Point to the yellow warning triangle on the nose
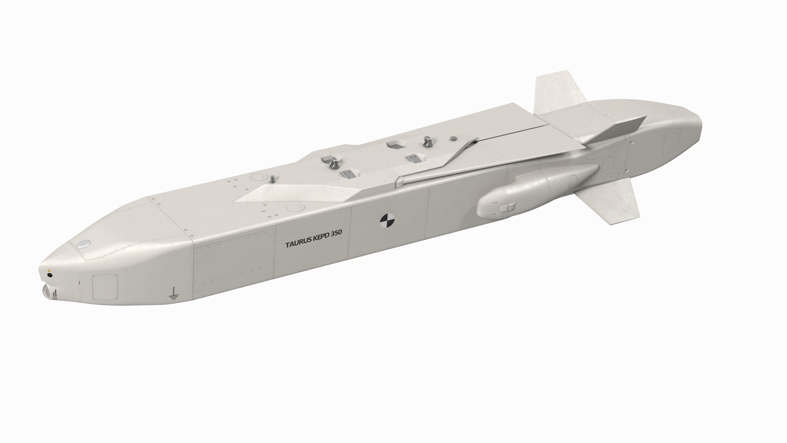pyautogui.click(x=49, y=271)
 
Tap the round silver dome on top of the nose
pyautogui.click(x=84, y=244)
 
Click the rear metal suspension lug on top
pyautogui.click(x=427, y=142)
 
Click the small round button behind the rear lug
pyautogui.click(x=453, y=139)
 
